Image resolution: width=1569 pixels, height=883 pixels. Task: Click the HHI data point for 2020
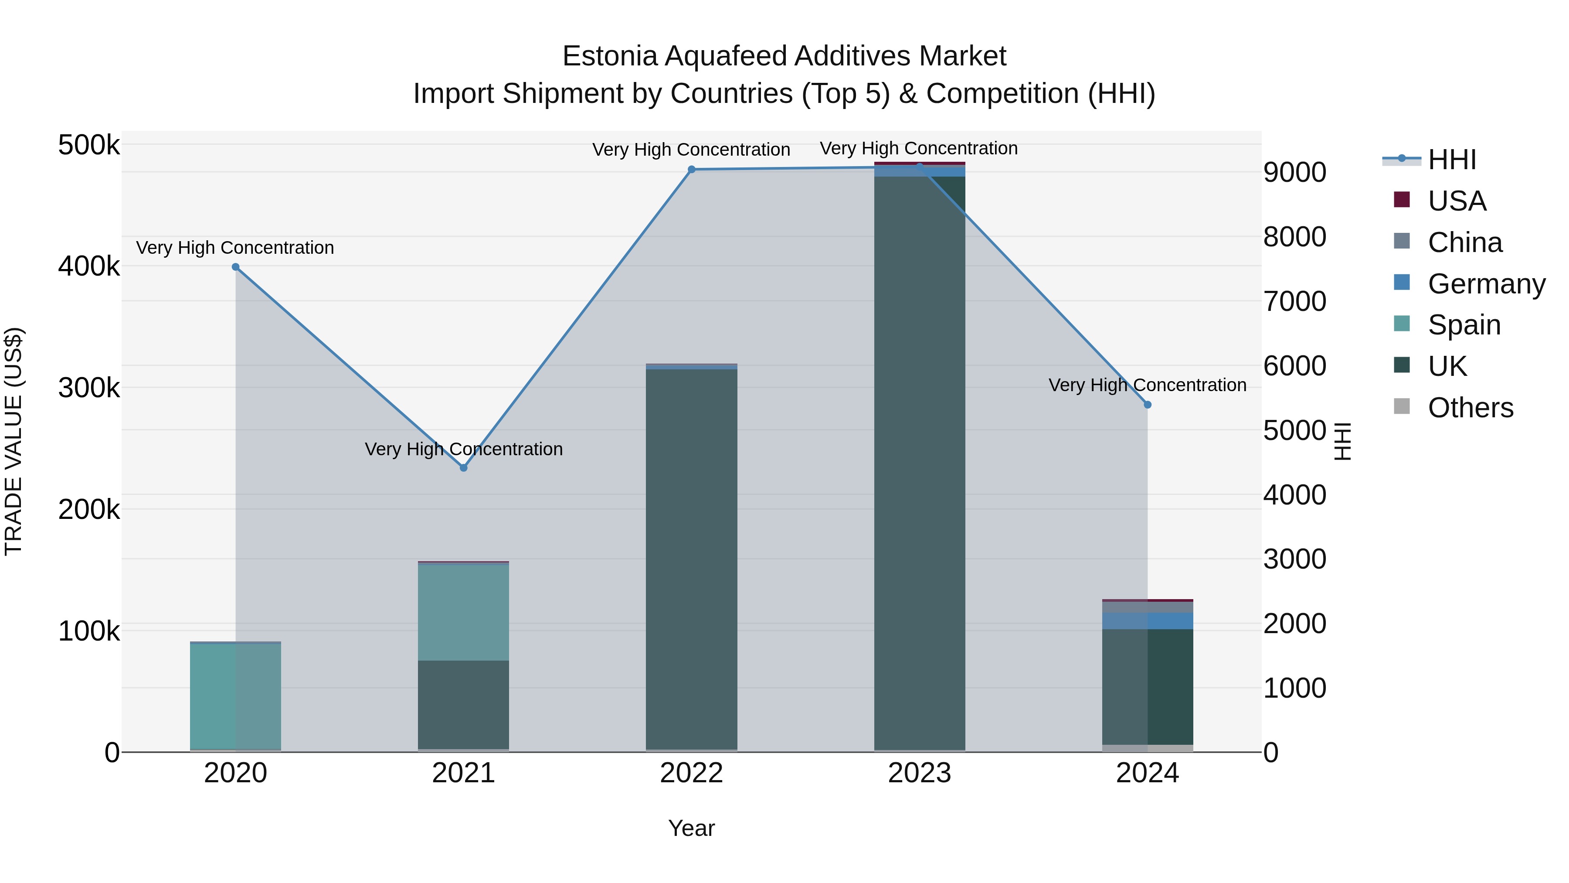pyautogui.click(x=236, y=267)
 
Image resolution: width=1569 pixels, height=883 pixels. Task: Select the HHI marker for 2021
pyautogui.click(x=464, y=468)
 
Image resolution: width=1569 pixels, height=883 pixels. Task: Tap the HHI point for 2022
pyautogui.click(x=691, y=170)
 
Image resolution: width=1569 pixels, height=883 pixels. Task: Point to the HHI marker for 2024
pyautogui.click(x=1148, y=405)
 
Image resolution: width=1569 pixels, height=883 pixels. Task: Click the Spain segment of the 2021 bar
pyautogui.click(x=464, y=613)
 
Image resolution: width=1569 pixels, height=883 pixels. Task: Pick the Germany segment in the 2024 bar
pyautogui.click(x=1148, y=621)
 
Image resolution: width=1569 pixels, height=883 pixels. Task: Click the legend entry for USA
pyautogui.click(x=1456, y=201)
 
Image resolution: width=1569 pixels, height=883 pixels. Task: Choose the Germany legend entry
pyautogui.click(x=1486, y=284)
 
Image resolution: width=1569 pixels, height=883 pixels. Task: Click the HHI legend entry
pyautogui.click(x=1451, y=160)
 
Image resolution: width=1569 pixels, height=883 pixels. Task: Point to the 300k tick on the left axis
pyautogui.click(x=89, y=388)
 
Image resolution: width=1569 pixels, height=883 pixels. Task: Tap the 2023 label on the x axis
pyautogui.click(x=919, y=773)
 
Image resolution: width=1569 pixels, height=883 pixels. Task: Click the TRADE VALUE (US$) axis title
pyautogui.click(x=14, y=441)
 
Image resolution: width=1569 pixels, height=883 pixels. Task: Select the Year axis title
pyautogui.click(x=691, y=828)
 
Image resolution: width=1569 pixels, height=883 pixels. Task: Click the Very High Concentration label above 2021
pyautogui.click(x=464, y=449)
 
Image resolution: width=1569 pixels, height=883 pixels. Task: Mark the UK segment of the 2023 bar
pyautogui.click(x=919, y=463)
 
